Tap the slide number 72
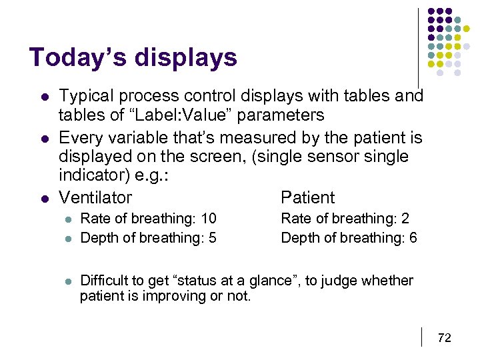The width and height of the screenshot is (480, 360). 444,338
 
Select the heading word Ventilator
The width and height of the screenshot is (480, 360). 95,197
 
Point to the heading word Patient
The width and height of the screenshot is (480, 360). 308,197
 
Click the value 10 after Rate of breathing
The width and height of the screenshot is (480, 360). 209,219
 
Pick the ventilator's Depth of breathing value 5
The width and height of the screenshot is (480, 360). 213,237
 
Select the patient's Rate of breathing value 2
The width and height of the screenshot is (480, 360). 405,219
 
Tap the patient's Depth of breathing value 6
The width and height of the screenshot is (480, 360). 413,237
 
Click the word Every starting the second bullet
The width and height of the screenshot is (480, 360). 78,138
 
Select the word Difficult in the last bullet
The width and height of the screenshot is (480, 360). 105,281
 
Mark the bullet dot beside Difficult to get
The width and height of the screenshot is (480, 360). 67,281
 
